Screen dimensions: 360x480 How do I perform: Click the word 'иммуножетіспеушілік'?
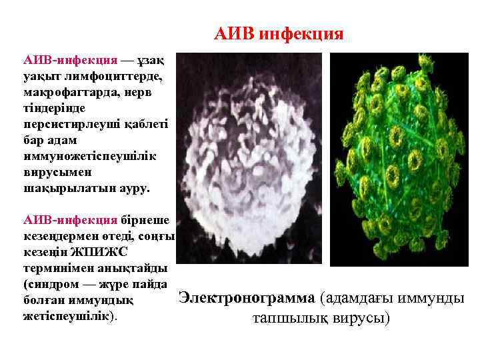[87, 156]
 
